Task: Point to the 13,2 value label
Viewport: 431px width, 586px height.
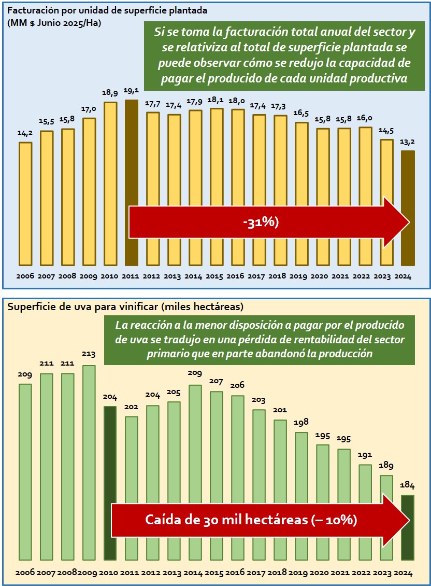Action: (408, 142)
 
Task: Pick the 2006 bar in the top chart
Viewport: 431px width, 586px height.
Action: (25, 202)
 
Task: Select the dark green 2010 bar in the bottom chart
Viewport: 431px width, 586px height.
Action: (110, 482)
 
